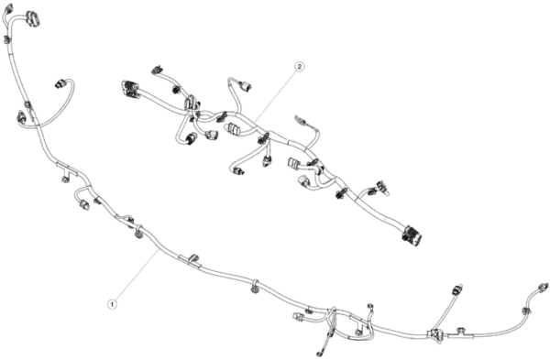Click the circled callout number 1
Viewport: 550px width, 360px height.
click(112, 304)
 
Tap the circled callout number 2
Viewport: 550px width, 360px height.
click(299, 66)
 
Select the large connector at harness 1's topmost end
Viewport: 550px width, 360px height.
click(33, 19)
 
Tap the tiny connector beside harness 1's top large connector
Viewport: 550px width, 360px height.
click(8, 8)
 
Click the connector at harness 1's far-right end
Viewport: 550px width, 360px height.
click(543, 286)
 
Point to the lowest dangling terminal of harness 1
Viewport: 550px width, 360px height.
click(318, 353)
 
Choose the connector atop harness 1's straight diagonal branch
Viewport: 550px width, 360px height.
click(457, 289)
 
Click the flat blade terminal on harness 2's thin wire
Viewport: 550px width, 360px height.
click(301, 119)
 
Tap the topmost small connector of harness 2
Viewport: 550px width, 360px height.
click(157, 70)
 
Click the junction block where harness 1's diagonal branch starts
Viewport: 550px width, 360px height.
click(434, 333)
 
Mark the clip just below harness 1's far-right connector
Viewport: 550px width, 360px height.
click(525, 311)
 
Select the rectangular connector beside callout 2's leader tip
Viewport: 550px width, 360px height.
click(234, 128)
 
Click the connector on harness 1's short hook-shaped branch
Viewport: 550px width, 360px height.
click(83, 204)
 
